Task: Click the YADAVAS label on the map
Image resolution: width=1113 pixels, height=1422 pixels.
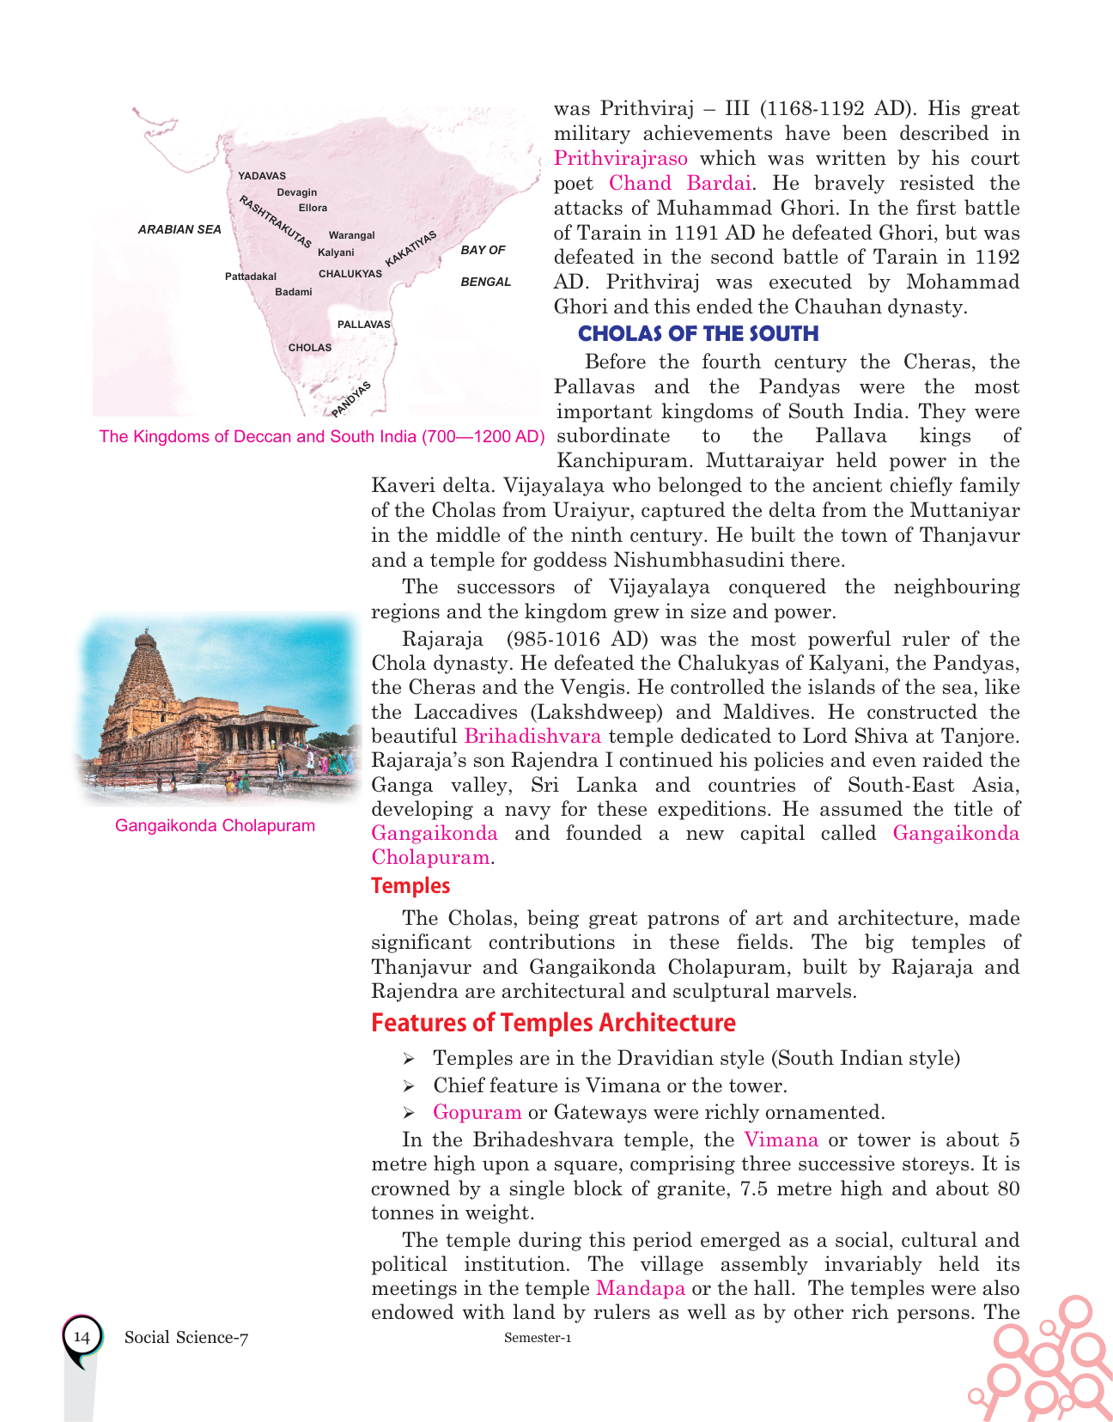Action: coord(262,176)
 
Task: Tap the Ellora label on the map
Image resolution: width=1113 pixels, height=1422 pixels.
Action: coord(313,208)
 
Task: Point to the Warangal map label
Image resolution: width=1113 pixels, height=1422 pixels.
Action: coord(351,235)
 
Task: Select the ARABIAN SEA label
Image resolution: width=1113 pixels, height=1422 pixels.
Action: coord(179,229)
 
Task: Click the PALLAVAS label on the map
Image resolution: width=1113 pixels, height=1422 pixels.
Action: coord(363,325)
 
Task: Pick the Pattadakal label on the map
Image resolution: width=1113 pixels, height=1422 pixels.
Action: coord(251,276)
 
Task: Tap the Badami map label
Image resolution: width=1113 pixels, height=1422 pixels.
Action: coord(294,292)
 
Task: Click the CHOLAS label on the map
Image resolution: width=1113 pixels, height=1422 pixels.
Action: coord(310,348)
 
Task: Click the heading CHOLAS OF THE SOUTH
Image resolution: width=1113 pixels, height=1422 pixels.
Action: coord(698,334)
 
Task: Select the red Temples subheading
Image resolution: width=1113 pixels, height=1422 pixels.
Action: coord(411,885)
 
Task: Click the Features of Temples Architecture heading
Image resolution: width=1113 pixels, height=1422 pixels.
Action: coord(553,1023)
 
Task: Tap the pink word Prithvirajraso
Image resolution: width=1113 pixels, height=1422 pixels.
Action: coord(621,158)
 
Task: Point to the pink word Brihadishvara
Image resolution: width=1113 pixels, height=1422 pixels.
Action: coord(532,736)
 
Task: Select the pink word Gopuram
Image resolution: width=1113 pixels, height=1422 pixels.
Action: coord(477,1112)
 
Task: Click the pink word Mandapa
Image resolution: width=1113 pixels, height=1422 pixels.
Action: coord(641,1288)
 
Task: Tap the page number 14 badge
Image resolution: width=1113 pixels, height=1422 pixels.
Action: coord(82,1337)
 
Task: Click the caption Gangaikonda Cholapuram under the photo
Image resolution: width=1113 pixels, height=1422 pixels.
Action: coord(215,826)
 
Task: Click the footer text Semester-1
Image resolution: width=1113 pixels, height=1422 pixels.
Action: coord(538,1338)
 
